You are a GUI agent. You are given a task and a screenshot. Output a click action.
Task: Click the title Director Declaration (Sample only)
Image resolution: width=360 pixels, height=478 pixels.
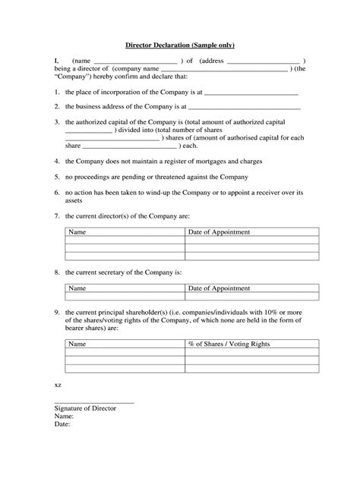point(180,46)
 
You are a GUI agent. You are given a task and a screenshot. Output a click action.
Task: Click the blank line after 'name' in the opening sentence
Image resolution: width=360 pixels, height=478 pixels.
point(134,61)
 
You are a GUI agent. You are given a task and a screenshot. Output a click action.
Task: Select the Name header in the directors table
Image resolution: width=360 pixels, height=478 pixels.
point(78,232)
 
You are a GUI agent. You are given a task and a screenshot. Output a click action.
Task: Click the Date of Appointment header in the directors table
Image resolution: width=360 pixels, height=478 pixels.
point(219,232)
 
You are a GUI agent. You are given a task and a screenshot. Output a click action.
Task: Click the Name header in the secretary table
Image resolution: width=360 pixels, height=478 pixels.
point(78,288)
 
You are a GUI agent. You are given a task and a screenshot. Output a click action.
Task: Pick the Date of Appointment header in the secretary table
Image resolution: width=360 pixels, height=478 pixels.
point(219,288)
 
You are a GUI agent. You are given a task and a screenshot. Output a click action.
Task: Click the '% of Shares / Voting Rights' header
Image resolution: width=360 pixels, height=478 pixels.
point(229,344)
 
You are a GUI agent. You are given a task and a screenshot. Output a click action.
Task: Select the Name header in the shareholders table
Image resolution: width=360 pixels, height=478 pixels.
point(78,344)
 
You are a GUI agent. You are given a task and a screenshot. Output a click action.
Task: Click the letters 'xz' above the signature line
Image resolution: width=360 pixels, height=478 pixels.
point(58,385)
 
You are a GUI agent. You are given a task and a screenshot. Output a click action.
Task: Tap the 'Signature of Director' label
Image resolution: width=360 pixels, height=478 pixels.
point(85,408)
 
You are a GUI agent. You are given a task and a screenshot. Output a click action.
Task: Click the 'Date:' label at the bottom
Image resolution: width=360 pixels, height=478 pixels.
point(62,425)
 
